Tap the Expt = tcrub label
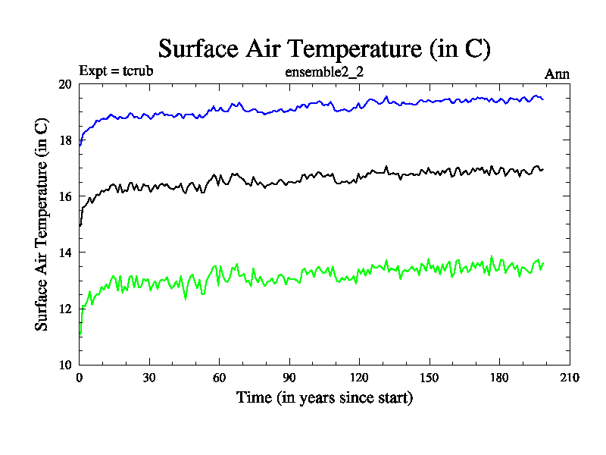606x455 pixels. (x=117, y=73)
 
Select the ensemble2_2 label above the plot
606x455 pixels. (x=324, y=73)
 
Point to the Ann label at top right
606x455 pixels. (x=557, y=74)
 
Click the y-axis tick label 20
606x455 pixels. (x=64, y=84)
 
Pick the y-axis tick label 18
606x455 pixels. (x=64, y=140)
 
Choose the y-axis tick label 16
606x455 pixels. (x=64, y=196)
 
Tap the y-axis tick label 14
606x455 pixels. (x=64, y=253)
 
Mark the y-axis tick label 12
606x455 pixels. (x=64, y=309)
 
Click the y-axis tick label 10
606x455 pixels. (x=64, y=365)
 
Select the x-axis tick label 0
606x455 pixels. (x=80, y=378)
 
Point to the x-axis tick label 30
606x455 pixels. (x=149, y=378)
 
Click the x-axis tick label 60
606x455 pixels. (x=219, y=378)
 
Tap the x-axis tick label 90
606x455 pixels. (x=289, y=378)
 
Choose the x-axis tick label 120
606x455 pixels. (x=359, y=378)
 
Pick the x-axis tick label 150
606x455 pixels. (x=429, y=378)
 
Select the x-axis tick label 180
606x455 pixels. (x=498, y=378)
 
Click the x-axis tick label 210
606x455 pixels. (x=568, y=378)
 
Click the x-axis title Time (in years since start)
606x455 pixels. (x=324, y=397)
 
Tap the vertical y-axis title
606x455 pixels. (x=42, y=224)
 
